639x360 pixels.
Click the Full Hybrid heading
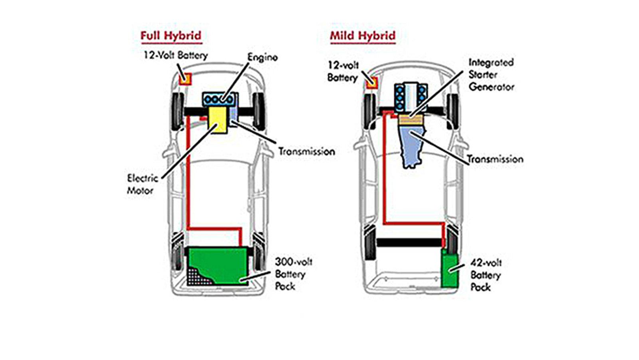tap(171, 36)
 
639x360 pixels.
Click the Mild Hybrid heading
tap(363, 36)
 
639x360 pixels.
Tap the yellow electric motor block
tap(218, 120)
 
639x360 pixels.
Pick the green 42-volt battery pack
tap(450, 270)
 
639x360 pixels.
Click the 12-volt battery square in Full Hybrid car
tap(185, 79)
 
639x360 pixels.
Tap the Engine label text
tap(262, 58)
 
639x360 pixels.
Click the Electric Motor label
tap(143, 184)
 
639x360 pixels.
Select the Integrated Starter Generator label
tap(491, 75)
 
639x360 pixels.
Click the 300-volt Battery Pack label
tap(293, 274)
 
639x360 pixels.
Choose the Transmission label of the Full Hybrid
tap(306, 152)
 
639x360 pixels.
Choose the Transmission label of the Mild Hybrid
tap(495, 159)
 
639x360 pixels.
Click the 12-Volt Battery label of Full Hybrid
tap(176, 55)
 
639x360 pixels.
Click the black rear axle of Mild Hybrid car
tap(409, 242)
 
